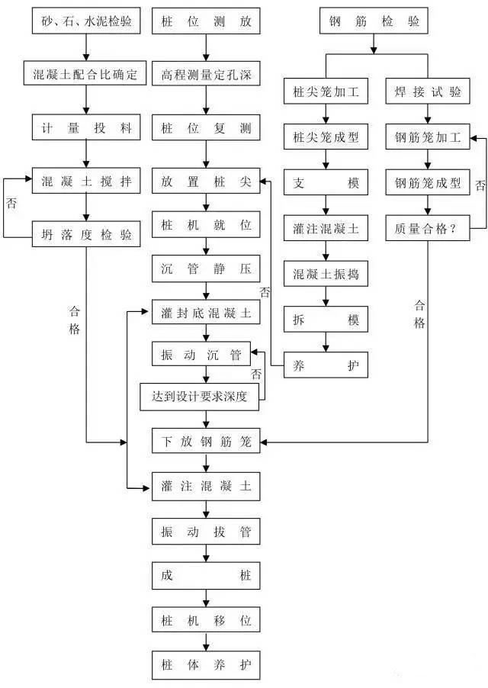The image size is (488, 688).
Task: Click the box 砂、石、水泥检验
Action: coord(86,21)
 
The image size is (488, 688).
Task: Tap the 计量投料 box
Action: coord(86,128)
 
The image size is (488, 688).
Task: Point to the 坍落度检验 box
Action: coord(86,236)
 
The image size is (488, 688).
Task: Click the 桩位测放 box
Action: coord(206,21)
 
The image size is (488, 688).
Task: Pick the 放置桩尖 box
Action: coord(206,182)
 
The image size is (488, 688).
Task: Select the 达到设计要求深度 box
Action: coord(204,395)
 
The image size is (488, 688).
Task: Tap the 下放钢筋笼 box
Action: coord(206,441)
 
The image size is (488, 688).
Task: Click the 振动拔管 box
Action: coord(206,531)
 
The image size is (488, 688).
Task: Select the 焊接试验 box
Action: coord(428,93)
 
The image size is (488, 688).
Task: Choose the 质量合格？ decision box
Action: coord(428,227)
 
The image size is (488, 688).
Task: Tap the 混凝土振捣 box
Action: coord(326,272)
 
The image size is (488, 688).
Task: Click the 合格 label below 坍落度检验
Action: coord(74,320)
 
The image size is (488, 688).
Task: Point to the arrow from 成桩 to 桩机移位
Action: coord(206,597)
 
